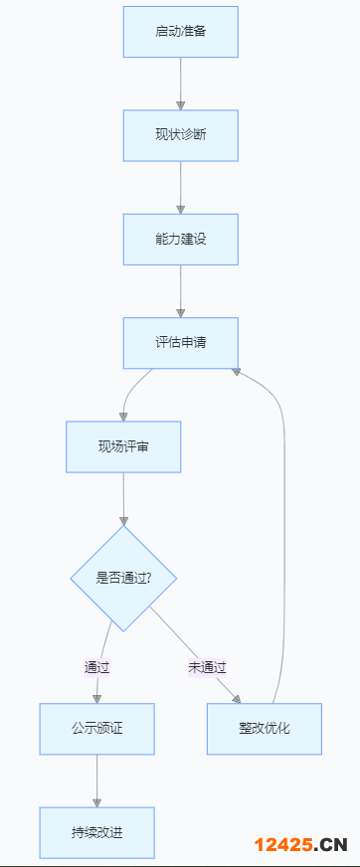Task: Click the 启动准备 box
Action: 180,32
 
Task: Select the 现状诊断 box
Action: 180,135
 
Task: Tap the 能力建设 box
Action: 180,239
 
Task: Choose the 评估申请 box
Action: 180,342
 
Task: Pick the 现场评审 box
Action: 123,446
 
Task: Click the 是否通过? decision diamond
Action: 123,578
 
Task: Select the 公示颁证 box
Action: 96,728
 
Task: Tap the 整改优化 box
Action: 264,728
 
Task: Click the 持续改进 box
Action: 96,832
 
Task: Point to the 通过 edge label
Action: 96,667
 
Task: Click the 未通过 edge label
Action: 207,667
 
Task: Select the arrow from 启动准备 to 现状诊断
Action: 180,84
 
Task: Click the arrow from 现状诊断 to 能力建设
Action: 180,187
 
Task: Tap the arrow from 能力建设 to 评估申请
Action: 180,290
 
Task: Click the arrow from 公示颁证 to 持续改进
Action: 96,780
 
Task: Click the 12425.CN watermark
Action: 299,845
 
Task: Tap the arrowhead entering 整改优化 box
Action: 236,698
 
